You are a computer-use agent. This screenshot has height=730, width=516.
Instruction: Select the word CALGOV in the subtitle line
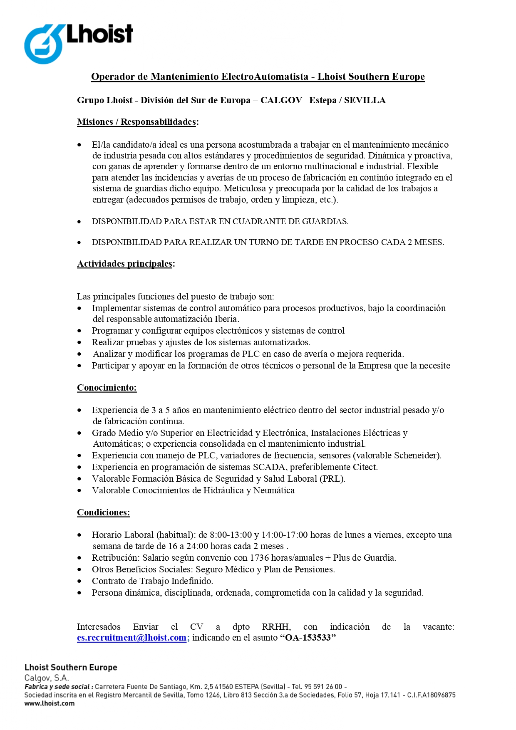281,101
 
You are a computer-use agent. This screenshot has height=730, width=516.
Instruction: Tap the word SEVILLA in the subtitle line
365,101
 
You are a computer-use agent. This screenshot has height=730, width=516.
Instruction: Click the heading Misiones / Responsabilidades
136,122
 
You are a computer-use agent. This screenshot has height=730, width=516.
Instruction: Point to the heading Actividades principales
124,264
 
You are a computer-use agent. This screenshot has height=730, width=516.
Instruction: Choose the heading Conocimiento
107,388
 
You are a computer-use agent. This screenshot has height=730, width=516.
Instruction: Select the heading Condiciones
103,513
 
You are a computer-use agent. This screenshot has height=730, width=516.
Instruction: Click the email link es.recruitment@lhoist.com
131,638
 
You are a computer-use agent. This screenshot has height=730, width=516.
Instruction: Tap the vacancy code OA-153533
308,638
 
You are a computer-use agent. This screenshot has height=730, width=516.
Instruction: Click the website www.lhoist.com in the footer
50,703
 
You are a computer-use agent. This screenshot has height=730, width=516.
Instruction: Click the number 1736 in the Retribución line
261,558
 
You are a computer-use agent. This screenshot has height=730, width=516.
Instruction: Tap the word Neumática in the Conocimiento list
274,491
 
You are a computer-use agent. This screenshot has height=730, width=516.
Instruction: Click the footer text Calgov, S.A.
46,678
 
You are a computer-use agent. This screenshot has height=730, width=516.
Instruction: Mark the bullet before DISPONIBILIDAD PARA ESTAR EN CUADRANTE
79,222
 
